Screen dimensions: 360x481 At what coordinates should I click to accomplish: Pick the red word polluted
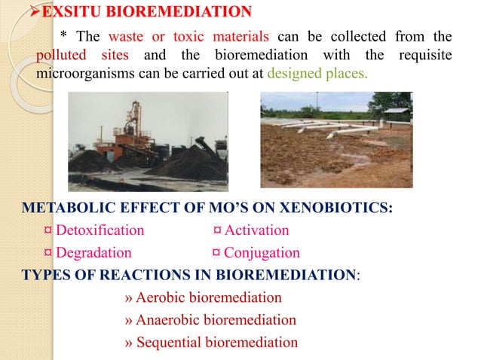[60, 56]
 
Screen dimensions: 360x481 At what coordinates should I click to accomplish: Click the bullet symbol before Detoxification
[48, 230]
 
